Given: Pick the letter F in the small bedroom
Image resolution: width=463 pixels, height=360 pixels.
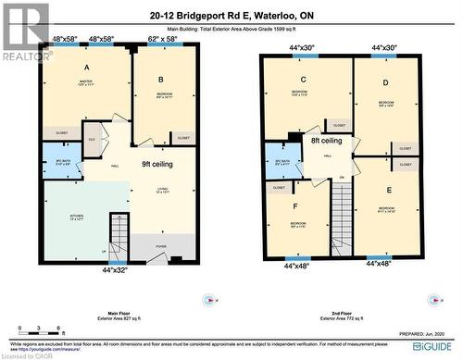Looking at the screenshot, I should coord(296,208).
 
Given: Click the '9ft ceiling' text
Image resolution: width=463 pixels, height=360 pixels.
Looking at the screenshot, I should coord(159,164).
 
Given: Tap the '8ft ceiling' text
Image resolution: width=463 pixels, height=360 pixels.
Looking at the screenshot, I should coord(327,141).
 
